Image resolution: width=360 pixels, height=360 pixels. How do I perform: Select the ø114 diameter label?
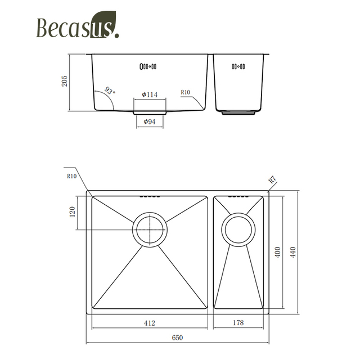pyautogui.click(x=149, y=94)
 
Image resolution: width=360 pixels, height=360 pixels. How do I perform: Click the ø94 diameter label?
pyautogui.click(x=149, y=121)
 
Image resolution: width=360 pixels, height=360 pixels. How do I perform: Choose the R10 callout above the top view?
pyautogui.click(x=71, y=176)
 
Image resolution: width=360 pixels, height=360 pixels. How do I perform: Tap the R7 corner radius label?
pyautogui.click(x=272, y=181)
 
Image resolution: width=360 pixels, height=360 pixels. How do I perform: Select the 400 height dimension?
pyautogui.click(x=277, y=252)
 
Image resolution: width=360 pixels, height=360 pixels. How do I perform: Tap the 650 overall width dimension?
pyautogui.click(x=177, y=338)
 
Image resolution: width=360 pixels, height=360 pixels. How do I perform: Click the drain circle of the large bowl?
pyautogui.click(x=150, y=229)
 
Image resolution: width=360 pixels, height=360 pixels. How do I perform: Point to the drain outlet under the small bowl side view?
pyautogui.click(x=238, y=112)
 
